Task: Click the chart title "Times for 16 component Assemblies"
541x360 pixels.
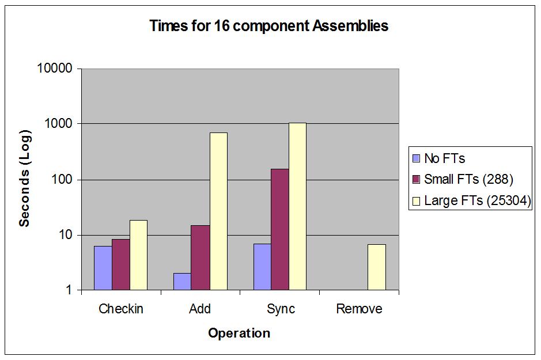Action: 268,26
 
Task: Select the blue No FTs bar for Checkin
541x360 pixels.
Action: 103,268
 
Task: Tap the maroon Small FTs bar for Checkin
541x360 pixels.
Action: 120,264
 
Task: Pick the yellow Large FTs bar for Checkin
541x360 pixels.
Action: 138,255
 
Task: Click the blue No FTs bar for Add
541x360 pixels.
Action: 182,281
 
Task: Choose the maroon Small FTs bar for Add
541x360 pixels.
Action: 200,257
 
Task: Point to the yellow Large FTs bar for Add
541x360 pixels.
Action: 218,211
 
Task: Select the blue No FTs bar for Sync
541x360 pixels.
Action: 262,267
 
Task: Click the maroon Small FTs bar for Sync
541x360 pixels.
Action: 279,229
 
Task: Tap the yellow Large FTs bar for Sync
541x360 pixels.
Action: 297,206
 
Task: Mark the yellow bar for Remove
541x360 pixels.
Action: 376,267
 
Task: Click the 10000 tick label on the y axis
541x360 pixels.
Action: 55,69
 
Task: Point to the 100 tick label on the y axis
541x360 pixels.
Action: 63,180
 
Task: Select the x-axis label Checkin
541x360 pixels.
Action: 121,309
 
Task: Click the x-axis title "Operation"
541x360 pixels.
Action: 239,333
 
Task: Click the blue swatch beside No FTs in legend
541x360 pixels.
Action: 417,158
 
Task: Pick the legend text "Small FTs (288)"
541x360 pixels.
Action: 468,179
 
